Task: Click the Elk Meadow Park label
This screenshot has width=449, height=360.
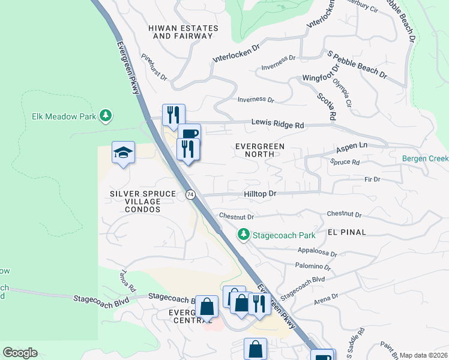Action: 65,115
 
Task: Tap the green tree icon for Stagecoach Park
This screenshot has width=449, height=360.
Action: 244,234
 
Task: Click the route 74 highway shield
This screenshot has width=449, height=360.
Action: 190,194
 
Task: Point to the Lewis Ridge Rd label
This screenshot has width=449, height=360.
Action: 278,124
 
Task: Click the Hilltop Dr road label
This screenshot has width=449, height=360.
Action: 260,194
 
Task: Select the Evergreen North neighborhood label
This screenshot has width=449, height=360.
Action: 260,150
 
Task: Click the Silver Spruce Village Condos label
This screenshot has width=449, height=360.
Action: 143,202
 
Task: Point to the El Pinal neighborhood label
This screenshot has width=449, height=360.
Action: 347,232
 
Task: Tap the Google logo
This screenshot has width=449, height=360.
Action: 20,353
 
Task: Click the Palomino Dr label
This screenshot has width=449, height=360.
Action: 312,266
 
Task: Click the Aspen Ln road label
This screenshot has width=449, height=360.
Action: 351,147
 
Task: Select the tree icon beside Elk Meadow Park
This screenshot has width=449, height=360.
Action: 106,115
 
